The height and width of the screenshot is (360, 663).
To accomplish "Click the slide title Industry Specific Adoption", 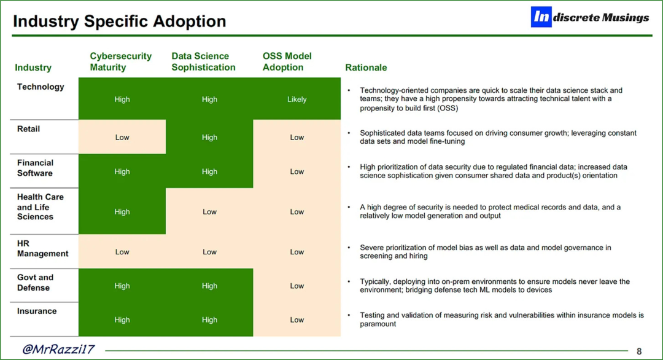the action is (120, 21).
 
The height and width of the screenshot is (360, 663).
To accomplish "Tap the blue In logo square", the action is (541, 17).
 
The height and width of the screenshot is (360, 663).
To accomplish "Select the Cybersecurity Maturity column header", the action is (120, 62).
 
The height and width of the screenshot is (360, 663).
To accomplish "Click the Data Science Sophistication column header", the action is (203, 62).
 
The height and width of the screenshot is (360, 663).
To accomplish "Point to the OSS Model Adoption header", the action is (287, 62).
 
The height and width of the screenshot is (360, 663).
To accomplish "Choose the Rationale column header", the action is (366, 68).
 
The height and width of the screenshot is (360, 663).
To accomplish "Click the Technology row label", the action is (41, 87).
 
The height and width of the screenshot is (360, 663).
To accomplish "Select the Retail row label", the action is (28, 129).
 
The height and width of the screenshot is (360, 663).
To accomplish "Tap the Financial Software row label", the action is (35, 168).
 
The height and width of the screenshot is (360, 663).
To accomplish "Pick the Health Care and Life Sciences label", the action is (40, 207).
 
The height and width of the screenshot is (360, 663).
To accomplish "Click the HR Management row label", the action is (43, 248).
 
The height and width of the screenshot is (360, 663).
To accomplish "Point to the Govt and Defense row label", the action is (35, 283).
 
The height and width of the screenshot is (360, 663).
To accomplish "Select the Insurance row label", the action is (37, 311).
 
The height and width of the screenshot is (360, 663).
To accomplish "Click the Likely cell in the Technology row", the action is (297, 99).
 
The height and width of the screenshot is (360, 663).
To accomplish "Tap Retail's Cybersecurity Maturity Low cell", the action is (122, 137).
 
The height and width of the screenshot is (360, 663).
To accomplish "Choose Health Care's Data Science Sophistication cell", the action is (209, 211).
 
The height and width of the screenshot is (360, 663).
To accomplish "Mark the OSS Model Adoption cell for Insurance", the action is (297, 320).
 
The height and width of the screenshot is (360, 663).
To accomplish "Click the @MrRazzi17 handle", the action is (58, 350).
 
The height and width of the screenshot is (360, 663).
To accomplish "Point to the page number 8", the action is (639, 351).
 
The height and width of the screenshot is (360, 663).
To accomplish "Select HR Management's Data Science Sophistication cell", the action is (209, 252).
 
